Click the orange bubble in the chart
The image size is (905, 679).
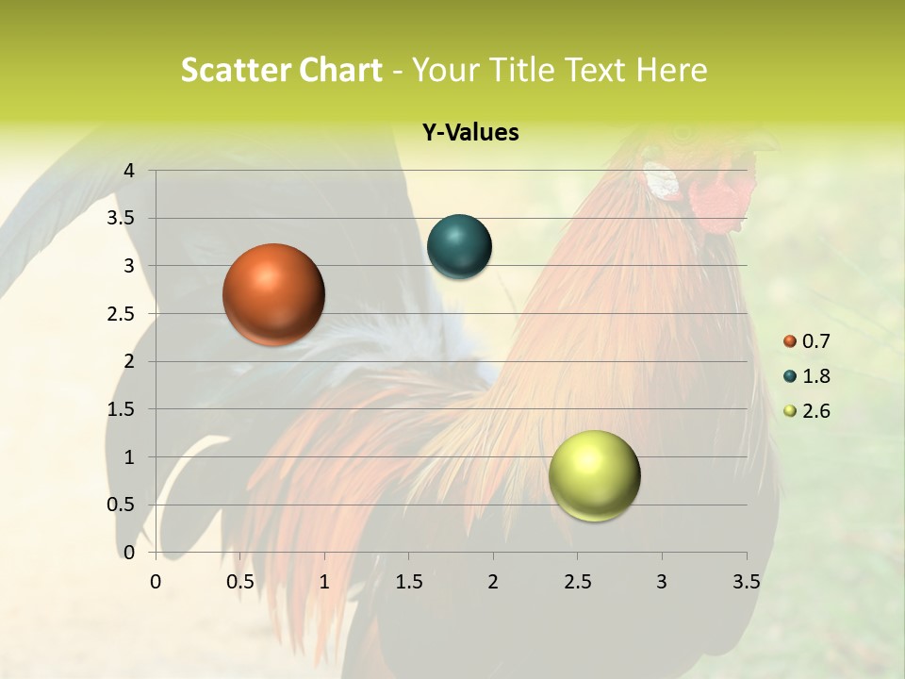[x=274, y=294]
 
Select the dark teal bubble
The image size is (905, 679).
[x=459, y=247]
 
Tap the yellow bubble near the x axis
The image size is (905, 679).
[x=594, y=475]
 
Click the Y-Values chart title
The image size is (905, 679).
[x=469, y=133]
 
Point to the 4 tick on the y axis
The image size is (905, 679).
[x=129, y=171]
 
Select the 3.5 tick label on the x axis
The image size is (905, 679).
[x=746, y=582]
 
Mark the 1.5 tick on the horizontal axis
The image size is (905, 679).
[x=409, y=582]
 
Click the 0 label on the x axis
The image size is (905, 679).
[x=156, y=582]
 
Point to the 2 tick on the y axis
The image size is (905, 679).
[x=129, y=361]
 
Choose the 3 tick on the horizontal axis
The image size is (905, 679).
[x=662, y=582]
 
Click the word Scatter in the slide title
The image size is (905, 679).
[x=236, y=70]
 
